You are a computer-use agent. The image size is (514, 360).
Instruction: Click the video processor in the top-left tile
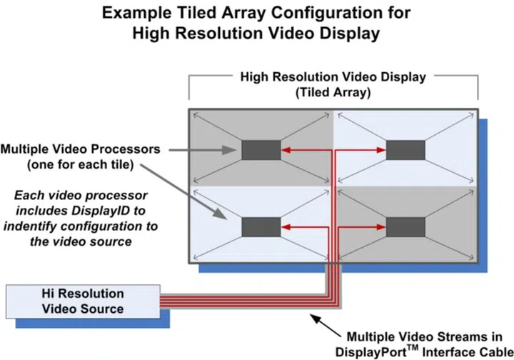261,150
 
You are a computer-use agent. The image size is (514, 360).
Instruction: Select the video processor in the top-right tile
405,150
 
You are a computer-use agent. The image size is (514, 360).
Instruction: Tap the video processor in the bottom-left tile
261,227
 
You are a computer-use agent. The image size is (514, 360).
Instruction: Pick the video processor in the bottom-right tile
405,227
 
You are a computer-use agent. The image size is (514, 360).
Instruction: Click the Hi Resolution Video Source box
82,301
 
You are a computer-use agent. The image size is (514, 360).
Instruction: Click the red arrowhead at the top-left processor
286,150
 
